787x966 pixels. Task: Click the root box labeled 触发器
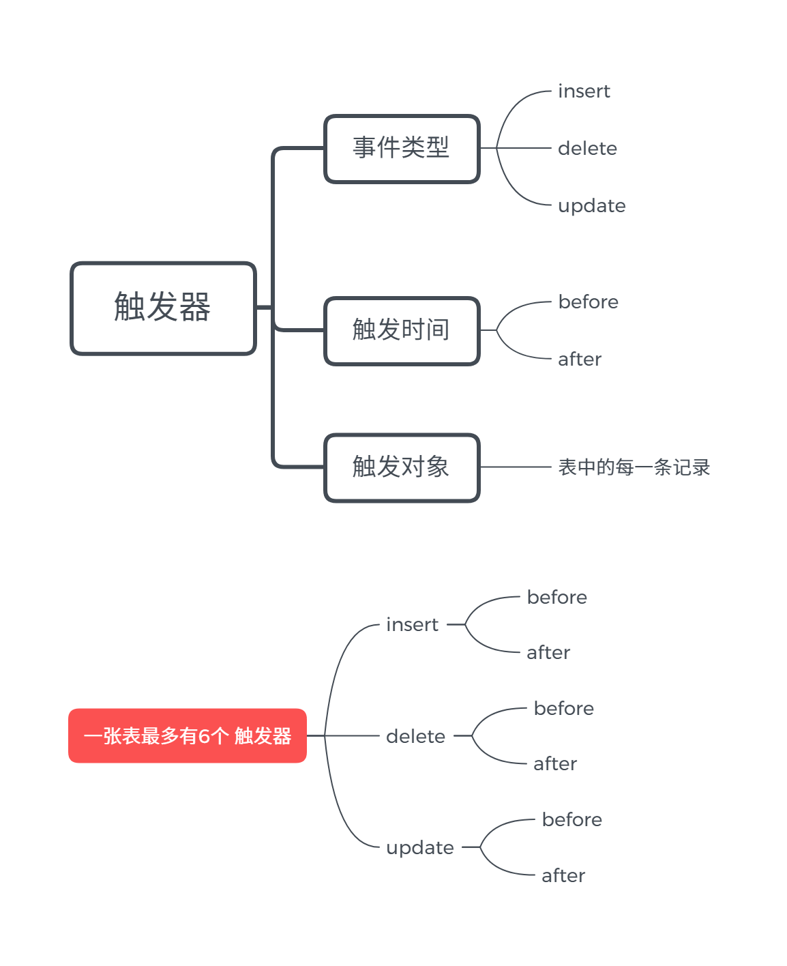pos(163,308)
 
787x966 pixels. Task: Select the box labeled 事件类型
pos(402,148)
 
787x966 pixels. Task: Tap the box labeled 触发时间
pos(402,330)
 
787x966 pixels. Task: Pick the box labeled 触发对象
pos(402,467)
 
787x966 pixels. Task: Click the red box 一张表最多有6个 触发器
pos(187,735)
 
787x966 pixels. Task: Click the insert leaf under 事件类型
pos(584,91)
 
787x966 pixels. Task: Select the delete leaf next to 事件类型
pos(587,149)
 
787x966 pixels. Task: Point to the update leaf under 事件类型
pos(591,206)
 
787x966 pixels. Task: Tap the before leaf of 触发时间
pos(588,302)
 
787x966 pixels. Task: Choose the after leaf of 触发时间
pos(580,360)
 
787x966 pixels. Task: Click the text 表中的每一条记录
pos(634,467)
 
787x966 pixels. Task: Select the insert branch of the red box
pos(412,625)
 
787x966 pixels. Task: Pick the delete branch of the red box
pos(415,737)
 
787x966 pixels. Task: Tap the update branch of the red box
pos(419,848)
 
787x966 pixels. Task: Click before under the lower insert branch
pos(556,598)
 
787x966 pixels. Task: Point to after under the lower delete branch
pos(555,764)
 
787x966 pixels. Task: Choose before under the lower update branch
pos(571,820)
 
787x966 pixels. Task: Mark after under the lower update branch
pos(563,876)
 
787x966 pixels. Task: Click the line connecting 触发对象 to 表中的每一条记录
pos(515,467)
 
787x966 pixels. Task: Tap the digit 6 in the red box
pos(204,736)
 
